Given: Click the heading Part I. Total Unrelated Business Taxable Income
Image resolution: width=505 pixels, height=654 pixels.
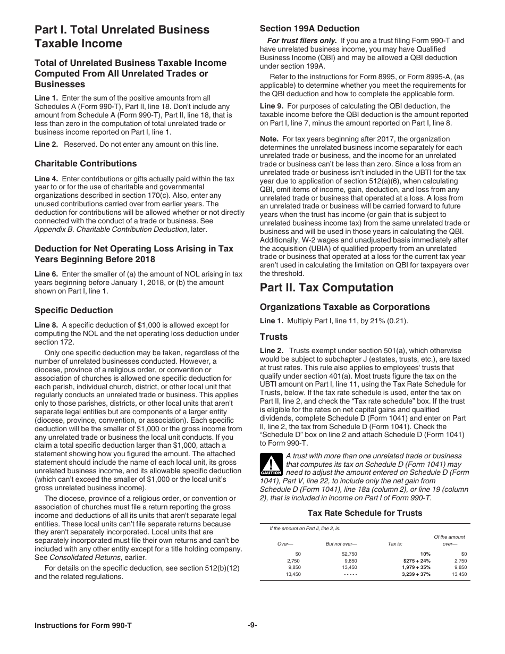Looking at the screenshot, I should [122, 37].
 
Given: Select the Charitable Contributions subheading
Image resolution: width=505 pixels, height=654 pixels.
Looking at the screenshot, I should [86, 163].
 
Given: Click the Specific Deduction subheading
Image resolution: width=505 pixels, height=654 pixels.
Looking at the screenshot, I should [74, 310].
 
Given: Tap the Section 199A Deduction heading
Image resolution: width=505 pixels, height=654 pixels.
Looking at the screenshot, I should [309, 28].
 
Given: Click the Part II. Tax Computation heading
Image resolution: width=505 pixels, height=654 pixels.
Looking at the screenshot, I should [326, 288].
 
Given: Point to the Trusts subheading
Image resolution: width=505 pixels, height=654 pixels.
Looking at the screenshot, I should [273, 337].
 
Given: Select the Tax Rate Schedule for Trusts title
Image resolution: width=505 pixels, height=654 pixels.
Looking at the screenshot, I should [365, 513].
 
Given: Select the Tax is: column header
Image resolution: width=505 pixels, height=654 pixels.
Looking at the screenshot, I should [395, 543].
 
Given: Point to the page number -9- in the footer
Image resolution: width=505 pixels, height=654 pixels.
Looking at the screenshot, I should [252, 626].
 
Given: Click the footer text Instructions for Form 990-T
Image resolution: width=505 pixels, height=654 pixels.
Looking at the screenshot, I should [83, 626].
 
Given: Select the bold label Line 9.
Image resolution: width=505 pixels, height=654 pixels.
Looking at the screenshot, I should [271, 106].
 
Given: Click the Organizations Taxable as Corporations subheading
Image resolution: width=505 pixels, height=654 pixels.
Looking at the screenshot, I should [344, 307].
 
